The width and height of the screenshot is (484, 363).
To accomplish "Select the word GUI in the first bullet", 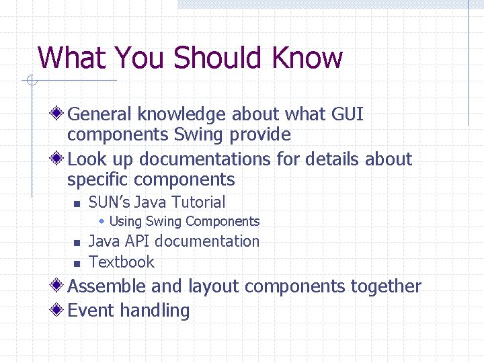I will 348,114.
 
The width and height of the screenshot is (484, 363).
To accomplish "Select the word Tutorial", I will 198,202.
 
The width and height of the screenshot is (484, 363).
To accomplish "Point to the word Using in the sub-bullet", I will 125,221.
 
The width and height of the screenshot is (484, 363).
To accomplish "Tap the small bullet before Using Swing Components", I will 102,221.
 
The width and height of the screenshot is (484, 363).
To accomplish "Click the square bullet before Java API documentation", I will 77,243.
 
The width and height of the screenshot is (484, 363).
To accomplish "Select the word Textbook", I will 122,261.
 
